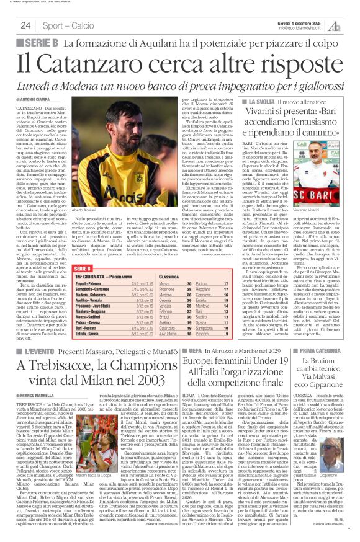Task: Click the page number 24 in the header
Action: pyautogui.click(x=25, y=25)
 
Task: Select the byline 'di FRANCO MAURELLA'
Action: pyautogui.click(x=37, y=393)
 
